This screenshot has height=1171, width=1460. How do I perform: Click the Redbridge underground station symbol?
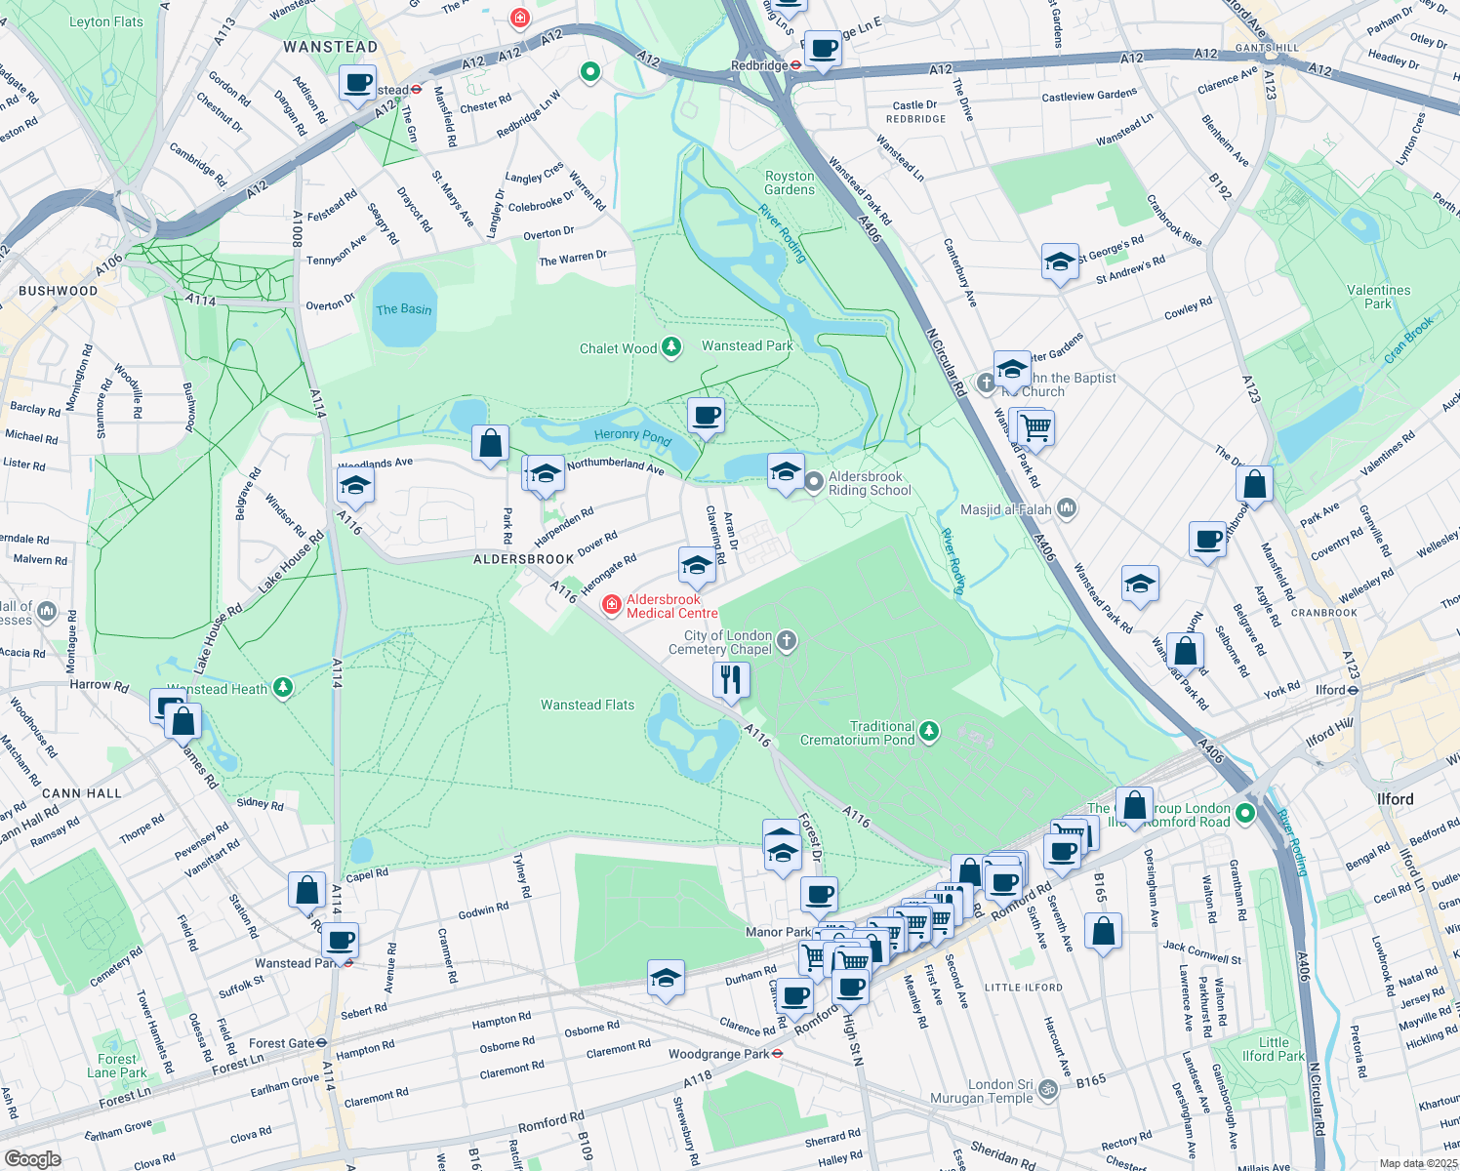796,65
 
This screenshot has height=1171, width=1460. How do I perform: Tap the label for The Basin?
403,309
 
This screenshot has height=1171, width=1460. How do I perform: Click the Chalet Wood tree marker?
670,347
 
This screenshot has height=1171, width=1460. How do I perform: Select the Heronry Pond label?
632,436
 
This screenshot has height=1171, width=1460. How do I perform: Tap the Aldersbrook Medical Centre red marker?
611,606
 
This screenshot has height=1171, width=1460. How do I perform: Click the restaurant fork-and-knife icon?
731,678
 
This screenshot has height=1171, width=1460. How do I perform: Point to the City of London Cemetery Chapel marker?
788,641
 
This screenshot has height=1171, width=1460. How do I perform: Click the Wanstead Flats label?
587,705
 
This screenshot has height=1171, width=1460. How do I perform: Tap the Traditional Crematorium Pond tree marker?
929,732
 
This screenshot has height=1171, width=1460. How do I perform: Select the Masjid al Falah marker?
1066,507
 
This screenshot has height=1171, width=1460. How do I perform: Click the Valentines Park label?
1378,297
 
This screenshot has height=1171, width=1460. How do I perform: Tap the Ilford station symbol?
1353,690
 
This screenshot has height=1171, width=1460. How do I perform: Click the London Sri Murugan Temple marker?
1047,1089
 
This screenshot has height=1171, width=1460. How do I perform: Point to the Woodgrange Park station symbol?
778,1054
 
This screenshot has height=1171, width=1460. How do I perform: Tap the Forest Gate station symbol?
321,1043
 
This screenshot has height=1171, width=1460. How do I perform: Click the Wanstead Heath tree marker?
282,688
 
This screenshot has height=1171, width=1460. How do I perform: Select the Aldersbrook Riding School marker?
814,482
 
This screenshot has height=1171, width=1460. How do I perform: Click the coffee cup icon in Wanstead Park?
706,417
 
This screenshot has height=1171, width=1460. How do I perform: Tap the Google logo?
32,1158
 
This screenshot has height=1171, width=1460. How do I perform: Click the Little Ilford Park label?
1273,1049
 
